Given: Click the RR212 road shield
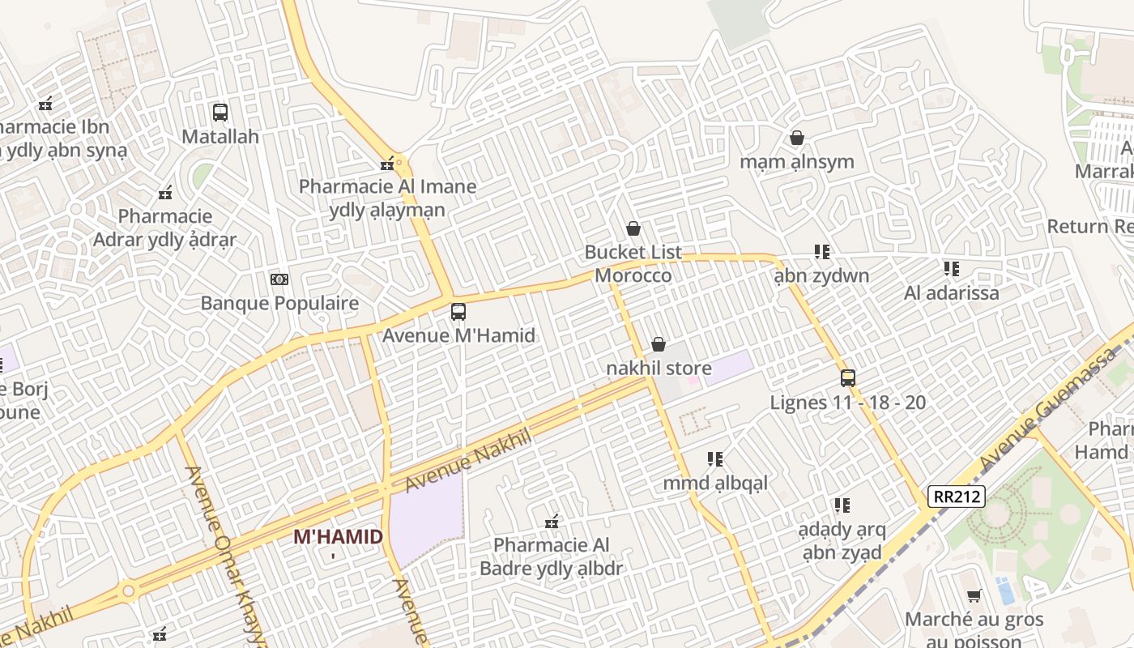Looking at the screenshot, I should (x=957, y=496).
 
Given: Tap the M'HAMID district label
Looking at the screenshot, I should (x=338, y=537).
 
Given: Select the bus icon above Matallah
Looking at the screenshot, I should (x=220, y=113).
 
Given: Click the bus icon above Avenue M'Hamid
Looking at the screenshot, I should (x=458, y=312).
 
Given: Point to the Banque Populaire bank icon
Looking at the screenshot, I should (x=279, y=279).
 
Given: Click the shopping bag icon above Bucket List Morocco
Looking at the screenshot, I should (x=633, y=229).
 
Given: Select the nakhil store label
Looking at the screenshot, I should (x=659, y=369).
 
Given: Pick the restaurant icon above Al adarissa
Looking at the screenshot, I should (x=951, y=269).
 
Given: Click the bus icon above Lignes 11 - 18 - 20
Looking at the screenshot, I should (x=847, y=378).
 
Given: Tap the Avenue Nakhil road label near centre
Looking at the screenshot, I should (x=468, y=460).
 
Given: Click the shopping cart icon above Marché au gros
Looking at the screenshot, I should (x=974, y=596).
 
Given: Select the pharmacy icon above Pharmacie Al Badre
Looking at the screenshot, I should (x=552, y=521).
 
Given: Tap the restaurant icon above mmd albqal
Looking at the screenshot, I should (x=714, y=459).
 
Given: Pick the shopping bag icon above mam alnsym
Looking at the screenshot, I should (x=796, y=138).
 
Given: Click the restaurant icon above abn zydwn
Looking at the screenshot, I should (x=821, y=252).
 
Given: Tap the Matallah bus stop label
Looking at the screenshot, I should (x=220, y=136).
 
